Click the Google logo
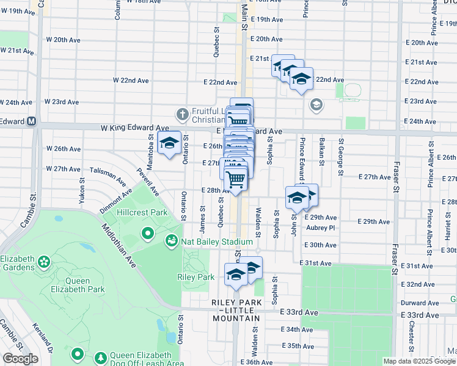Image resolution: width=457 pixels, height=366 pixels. pos(20,359)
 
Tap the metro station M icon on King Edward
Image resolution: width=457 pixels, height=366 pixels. pos(31,121)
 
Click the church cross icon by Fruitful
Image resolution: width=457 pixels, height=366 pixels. pos(181,114)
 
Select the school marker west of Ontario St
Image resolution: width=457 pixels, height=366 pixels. pos(168,144)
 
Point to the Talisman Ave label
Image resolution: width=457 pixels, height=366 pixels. pos(108,175)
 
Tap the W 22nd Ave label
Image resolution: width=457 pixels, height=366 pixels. pos(131,81)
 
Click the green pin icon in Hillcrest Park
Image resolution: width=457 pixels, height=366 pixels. pos(147,233)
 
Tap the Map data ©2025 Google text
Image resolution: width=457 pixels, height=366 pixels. pos(419,361)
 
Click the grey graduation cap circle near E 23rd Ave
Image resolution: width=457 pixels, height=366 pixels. pos(315,105)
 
